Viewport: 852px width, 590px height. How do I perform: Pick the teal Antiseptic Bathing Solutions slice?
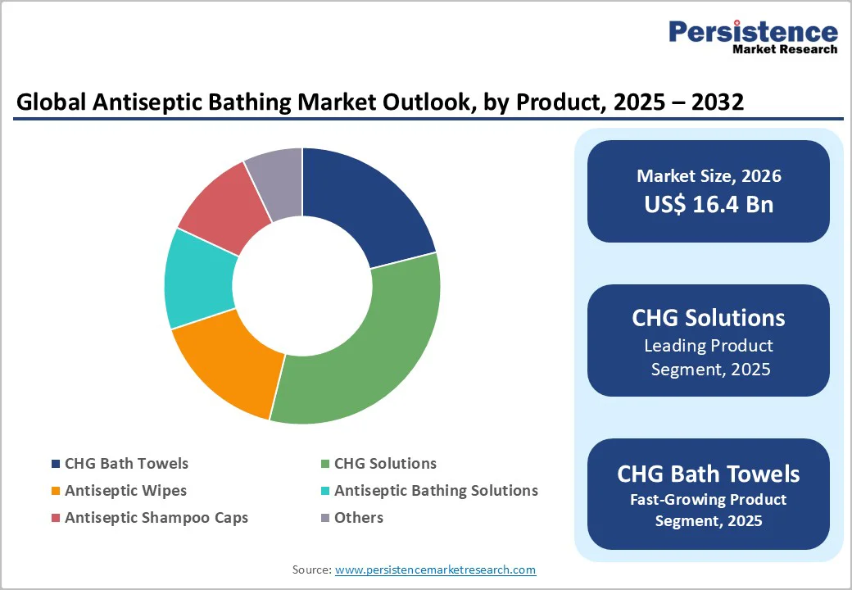(198, 279)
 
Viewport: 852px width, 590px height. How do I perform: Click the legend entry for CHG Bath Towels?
(126, 464)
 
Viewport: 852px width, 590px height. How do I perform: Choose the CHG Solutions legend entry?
(385, 464)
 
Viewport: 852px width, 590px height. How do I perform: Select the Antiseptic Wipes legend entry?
(125, 491)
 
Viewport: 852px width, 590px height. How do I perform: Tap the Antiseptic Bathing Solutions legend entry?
(436, 491)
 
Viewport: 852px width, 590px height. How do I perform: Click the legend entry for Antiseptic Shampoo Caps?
(156, 518)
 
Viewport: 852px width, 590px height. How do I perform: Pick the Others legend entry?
(358, 518)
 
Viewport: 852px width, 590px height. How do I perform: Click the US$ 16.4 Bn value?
(709, 204)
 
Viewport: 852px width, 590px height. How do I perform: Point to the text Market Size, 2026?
(709, 176)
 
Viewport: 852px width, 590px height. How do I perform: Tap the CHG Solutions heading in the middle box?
(709, 318)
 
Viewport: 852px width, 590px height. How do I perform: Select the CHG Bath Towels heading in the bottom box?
(709, 474)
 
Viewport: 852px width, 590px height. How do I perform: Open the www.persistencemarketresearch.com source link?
(436, 570)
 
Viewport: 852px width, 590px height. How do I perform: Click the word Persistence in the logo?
(754, 33)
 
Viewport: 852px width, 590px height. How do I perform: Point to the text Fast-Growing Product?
(709, 500)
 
